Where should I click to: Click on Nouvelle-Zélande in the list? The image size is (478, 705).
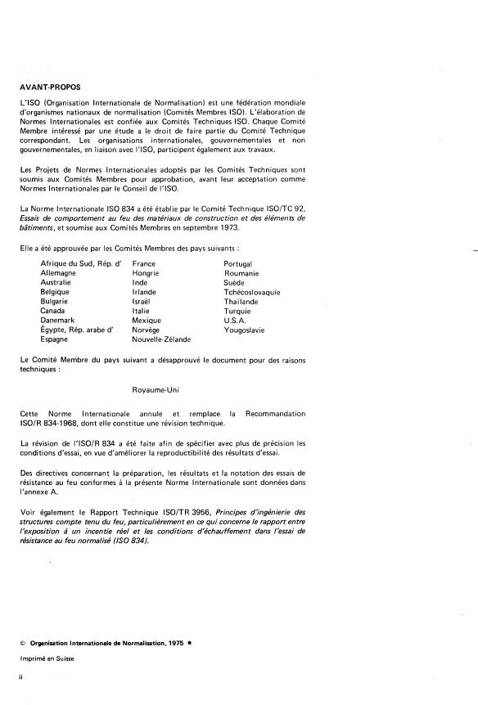coord(161,339)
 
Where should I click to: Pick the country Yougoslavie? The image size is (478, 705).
coord(247,330)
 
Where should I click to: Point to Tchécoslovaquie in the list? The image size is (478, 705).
coord(252,292)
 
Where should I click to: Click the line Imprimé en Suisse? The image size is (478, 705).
coord(47,660)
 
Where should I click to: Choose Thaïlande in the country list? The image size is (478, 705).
coord(241,302)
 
